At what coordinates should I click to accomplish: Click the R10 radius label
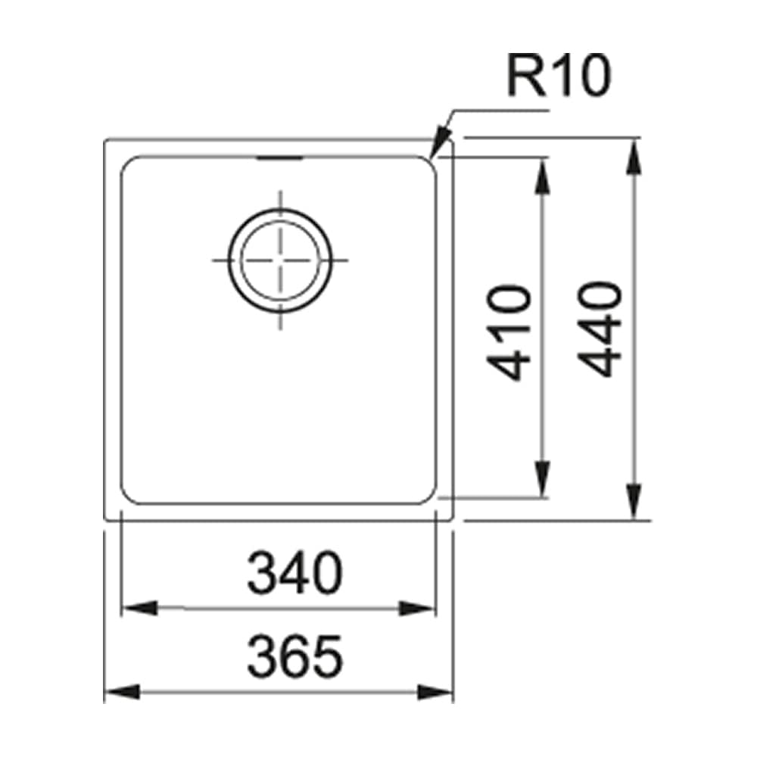559,75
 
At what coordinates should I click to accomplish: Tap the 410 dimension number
509,332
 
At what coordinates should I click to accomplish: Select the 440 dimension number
600,329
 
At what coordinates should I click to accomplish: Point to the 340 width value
294,573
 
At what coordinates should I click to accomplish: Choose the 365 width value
294,656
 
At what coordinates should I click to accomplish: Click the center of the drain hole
280,260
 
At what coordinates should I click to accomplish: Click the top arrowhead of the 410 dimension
543,176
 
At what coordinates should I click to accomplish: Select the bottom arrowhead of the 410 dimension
543,478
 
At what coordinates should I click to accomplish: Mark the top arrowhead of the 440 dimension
635,157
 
